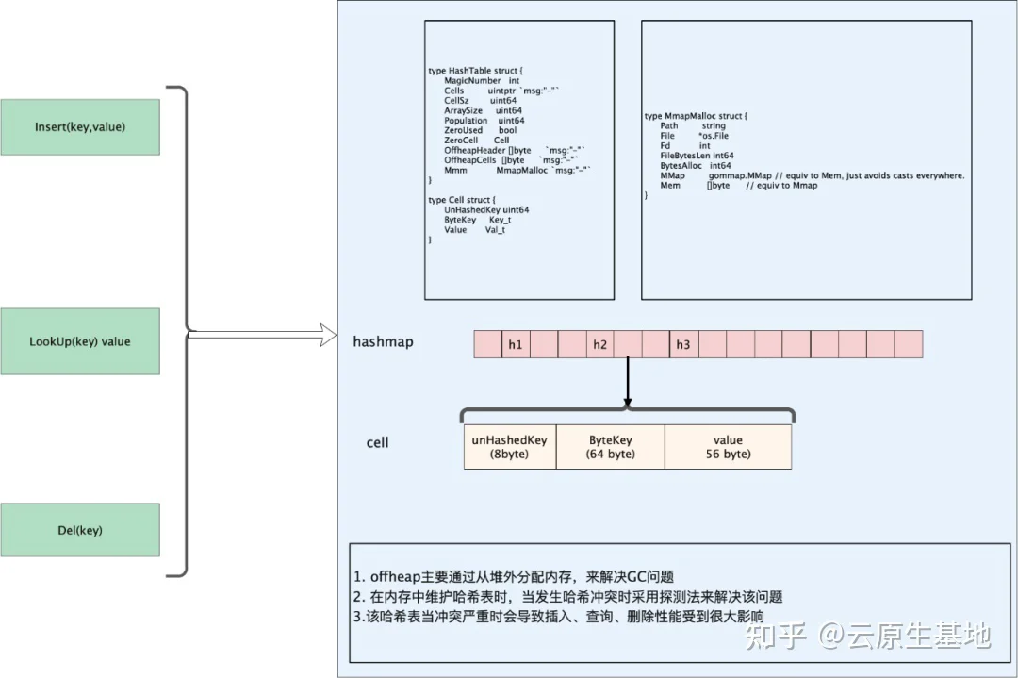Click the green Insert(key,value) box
click(80, 125)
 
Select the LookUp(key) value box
click(80, 340)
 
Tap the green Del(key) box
click(80, 530)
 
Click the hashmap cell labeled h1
click(516, 344)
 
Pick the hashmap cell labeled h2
click(599, 344)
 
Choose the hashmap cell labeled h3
click(683, 344)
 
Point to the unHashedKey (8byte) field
click(510, 447)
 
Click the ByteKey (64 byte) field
click(610, 447)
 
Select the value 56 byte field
click(728, 447)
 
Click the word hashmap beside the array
click(384, 341)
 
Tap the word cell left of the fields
click(377, 442)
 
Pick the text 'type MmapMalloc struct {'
click(696, 116)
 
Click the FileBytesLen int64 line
click(697, 156)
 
